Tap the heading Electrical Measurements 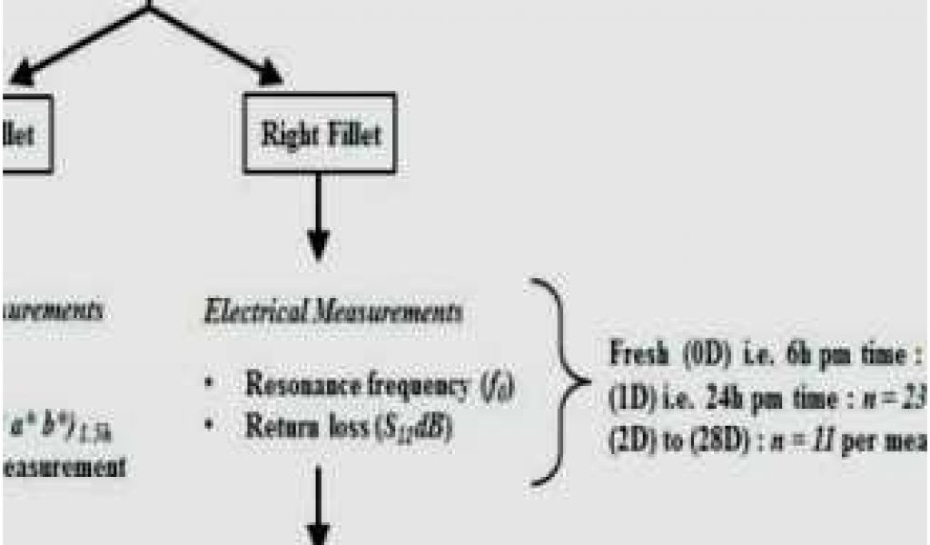coord(331,312)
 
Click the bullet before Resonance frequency coord(209,385)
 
